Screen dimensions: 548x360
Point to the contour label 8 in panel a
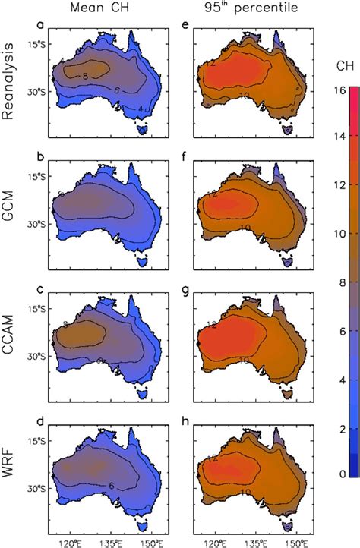click(86, 76)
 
